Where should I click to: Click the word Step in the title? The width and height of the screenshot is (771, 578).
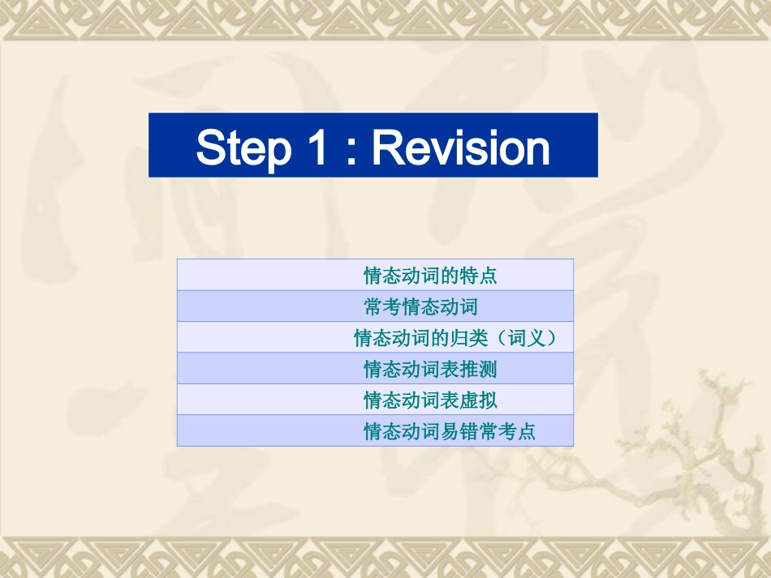point(243,148)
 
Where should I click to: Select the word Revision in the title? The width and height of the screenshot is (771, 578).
point(460,148)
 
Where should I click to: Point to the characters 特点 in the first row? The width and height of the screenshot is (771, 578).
point(478,276)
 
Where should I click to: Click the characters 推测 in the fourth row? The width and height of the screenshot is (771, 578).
point(478,370)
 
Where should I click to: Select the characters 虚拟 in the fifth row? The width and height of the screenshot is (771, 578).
point(478,400)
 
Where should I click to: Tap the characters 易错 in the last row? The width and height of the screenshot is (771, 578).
point(459,431)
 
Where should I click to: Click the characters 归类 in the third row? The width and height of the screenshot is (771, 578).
point(468,338)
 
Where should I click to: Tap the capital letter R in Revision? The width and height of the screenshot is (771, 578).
point(386,148)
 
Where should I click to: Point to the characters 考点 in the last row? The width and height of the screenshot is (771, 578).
point(517,431)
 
